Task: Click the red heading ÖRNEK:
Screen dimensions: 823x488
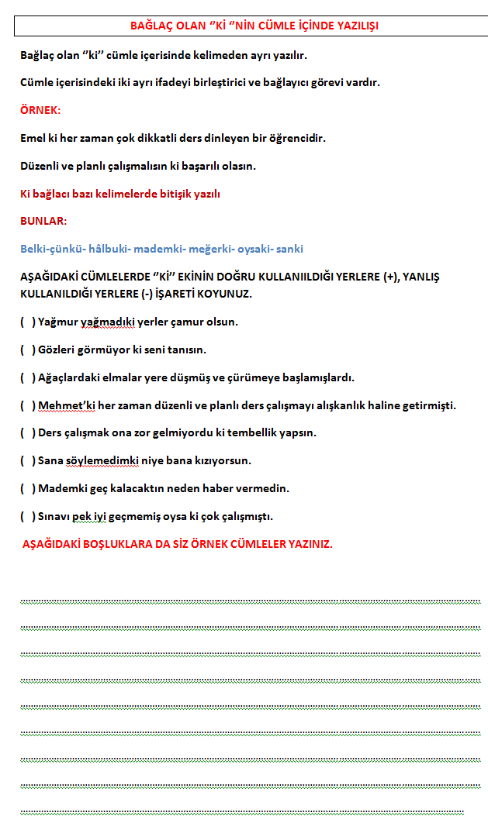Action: pos(40,110)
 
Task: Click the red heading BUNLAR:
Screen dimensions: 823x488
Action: pos(43,221)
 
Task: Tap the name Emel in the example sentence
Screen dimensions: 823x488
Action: pos(33,138)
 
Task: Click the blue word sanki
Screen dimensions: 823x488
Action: pos(289,249)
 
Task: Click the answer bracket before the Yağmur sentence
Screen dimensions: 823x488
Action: pos(27,322)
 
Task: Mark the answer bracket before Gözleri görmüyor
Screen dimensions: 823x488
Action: pos(27,350)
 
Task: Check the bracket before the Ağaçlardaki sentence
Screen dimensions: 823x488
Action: pos(27,377)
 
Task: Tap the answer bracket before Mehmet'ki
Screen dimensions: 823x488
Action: pos(27,405)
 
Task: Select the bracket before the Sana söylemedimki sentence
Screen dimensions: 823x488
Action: pos(27,461)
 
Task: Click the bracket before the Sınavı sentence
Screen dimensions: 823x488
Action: pos(27,516)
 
